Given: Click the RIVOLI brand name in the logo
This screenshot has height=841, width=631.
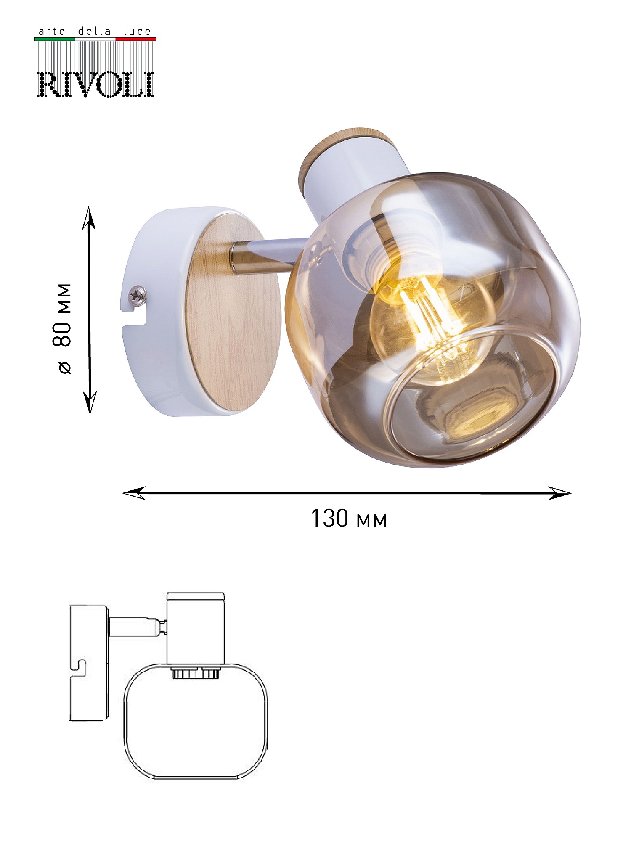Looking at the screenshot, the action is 96,85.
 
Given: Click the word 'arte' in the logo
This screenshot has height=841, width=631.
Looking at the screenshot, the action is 52,32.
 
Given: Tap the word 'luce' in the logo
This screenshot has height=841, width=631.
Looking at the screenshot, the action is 137,32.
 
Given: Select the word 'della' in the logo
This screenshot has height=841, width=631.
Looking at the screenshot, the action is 94,32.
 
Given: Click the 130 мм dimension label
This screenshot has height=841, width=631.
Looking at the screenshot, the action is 349,518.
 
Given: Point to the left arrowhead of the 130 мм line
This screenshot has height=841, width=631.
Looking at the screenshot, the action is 134,493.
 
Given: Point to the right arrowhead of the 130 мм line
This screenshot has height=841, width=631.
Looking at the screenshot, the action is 559,493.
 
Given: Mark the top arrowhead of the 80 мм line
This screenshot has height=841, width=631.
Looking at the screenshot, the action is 89,218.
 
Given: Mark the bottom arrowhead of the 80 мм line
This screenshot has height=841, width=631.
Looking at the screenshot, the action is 90,402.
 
